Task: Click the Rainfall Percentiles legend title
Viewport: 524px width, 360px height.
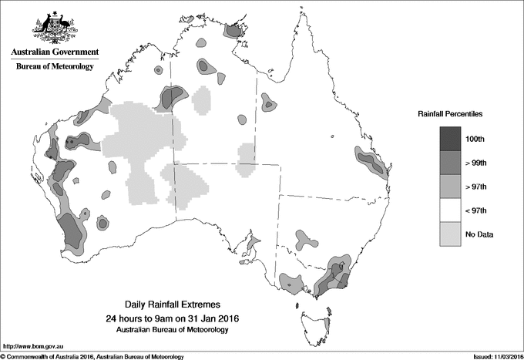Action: pos(450,113)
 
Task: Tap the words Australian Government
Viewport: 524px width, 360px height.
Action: pos(55,52)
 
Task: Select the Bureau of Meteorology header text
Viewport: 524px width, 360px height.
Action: pos(55,66)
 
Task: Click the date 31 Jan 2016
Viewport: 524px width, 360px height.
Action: pos(203,318)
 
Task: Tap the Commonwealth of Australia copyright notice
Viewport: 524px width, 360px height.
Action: pos(92,356)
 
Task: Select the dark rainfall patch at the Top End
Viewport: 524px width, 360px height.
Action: pos(231,31)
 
